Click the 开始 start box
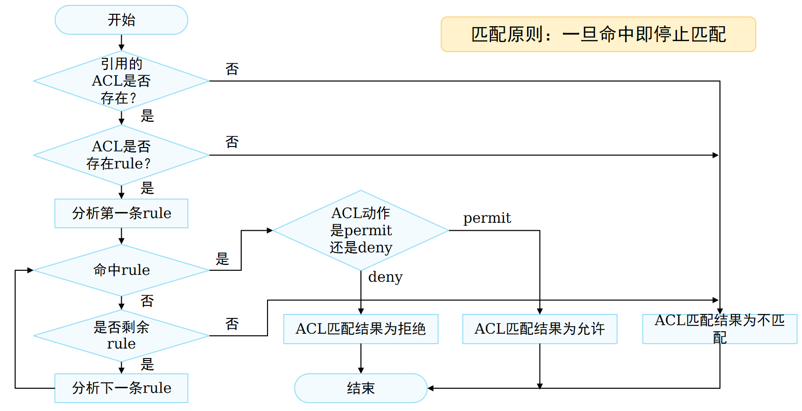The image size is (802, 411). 121,20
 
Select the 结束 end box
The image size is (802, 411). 360,388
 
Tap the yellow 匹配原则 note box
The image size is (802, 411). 598,34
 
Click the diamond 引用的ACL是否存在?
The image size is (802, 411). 121,81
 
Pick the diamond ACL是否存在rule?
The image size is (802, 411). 121,155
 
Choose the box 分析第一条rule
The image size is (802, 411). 121,213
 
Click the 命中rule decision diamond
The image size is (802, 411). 121,270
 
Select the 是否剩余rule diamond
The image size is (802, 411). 121,335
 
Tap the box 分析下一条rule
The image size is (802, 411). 121,388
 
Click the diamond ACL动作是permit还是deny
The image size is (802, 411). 360,230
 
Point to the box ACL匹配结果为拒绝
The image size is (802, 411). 360,329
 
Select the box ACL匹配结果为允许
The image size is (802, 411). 539,329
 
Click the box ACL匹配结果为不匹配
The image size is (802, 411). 719,329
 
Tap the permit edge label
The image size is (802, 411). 487,218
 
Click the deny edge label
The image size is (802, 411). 385,277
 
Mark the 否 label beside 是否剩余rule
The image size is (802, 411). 232,324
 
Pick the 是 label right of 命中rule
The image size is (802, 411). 223,258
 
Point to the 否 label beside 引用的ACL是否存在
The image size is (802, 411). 232,69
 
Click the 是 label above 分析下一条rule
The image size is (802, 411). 147,364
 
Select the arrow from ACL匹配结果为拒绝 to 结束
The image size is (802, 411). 361,358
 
